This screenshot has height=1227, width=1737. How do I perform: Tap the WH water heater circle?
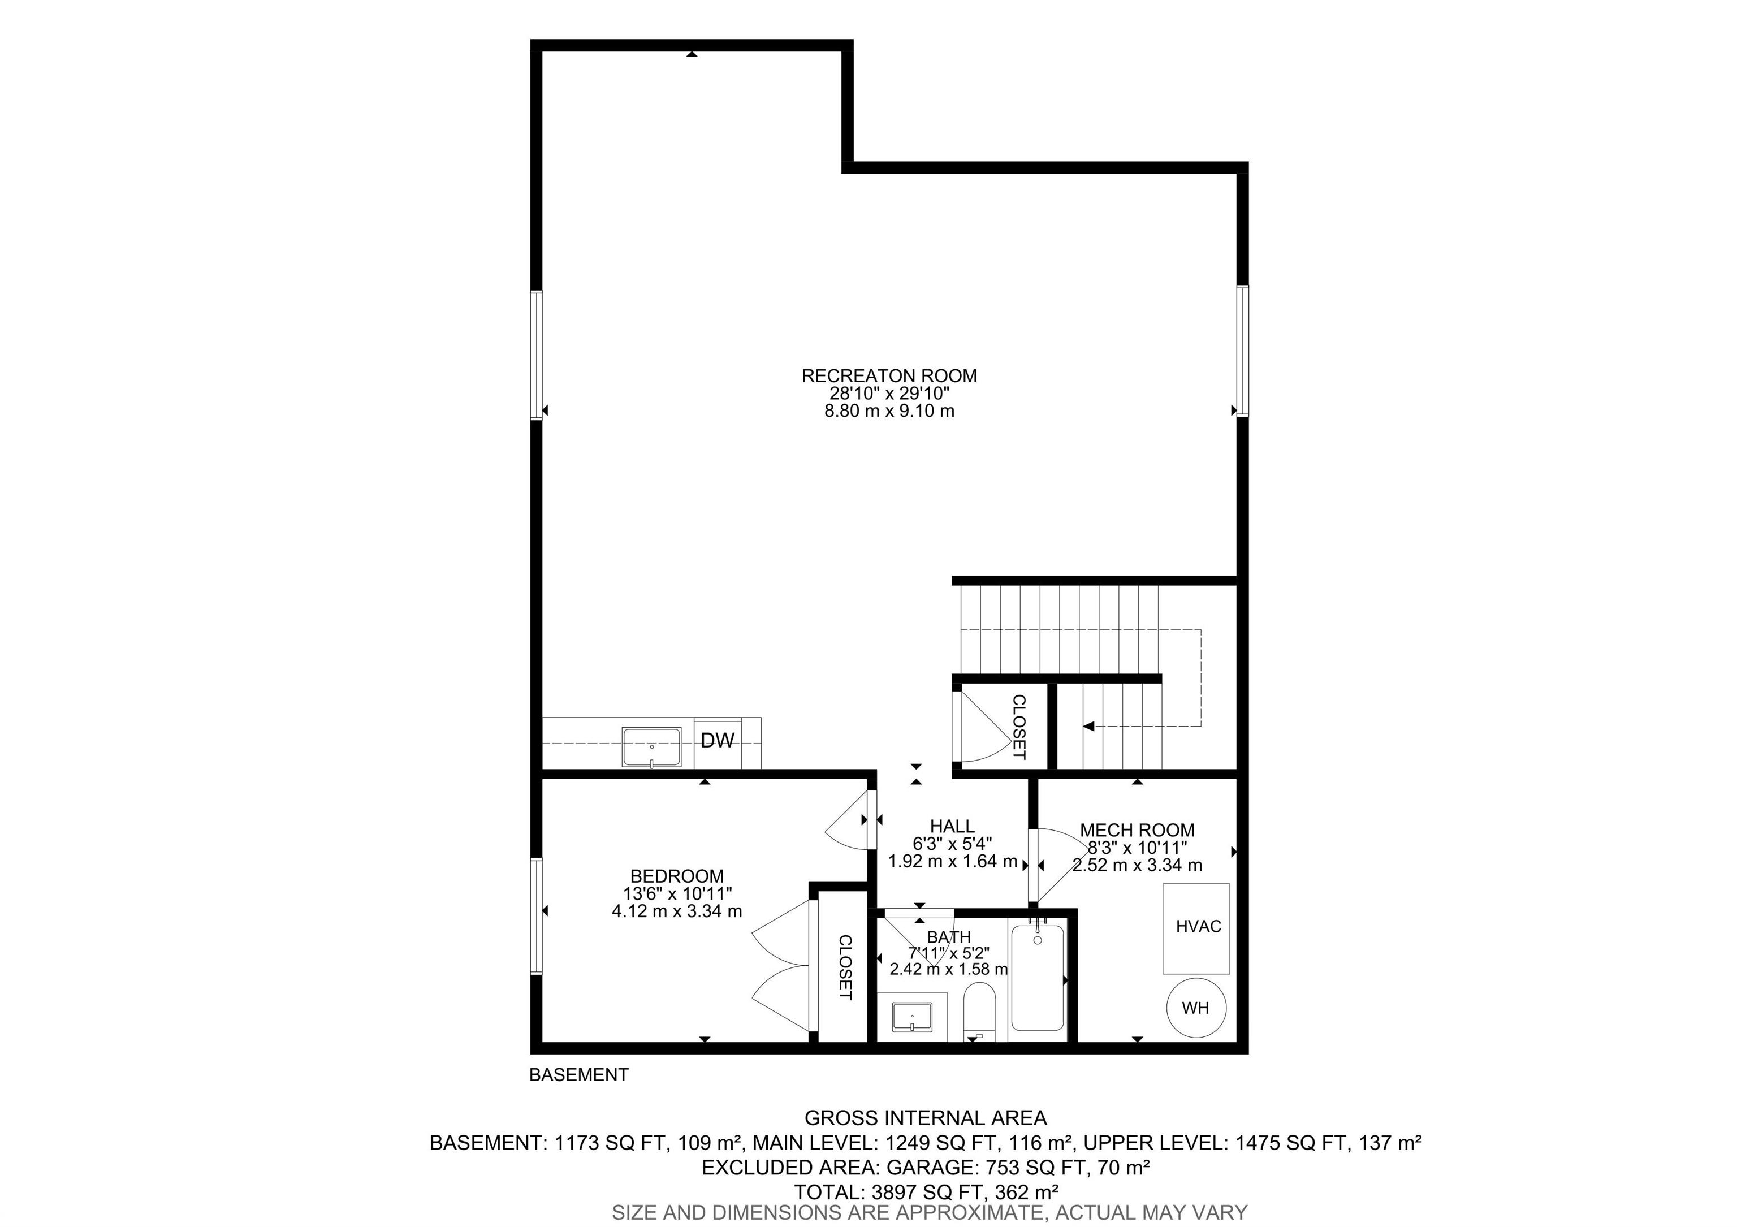tap(1195, 1008)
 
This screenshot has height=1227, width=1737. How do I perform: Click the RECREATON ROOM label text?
tap(889, 375)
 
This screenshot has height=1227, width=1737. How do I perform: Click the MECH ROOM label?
tap(1137, 830)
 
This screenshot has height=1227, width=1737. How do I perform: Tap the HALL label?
tap(953, 826)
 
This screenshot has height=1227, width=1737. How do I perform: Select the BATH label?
tap(949, 937)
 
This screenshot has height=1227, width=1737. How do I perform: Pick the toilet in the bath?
tap(980, 1012)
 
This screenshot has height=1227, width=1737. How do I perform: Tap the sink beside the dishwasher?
tap(651, 748)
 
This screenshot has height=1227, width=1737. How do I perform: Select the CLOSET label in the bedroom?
tap(845, 967)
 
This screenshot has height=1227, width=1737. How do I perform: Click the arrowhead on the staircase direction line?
tap(1088, 726)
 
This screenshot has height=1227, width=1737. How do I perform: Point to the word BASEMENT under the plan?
tap(579, 1074)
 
